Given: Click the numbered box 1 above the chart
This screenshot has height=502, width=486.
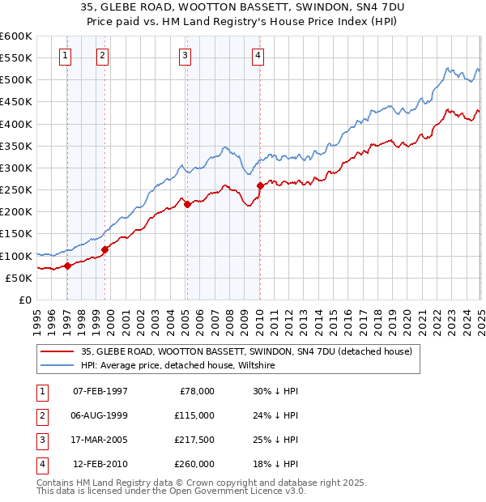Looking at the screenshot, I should coord(65,56).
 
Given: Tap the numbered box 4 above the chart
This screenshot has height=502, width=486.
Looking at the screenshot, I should coord(257,56).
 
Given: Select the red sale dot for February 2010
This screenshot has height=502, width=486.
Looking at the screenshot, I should coord(260,185).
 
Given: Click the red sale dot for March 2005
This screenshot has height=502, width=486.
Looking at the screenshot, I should coord(187,204).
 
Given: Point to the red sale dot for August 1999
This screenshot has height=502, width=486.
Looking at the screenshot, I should coord(104,249).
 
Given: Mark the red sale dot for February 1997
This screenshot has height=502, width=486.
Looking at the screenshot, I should coord(67,266).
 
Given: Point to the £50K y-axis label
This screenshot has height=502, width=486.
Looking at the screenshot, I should coord(19,278).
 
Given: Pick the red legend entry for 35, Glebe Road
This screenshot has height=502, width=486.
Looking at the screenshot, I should coord(247,351).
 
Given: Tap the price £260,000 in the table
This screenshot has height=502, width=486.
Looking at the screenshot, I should coord(194,464).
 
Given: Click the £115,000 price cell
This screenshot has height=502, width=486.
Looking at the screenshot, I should coord(194,415).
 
